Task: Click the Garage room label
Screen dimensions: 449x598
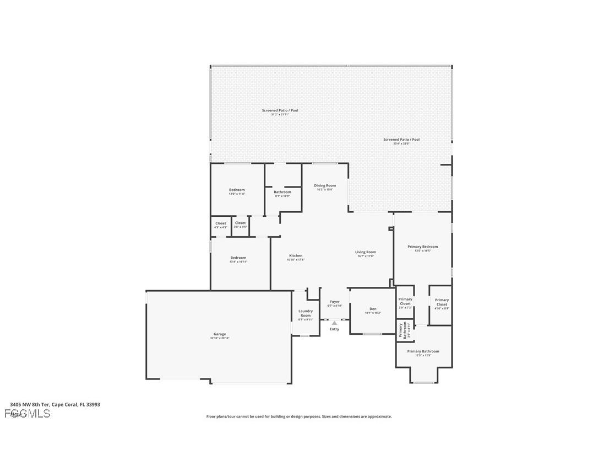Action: point(220,334)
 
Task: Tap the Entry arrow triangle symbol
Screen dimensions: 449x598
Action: point(334,323)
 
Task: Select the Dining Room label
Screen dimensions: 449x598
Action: point(325,186)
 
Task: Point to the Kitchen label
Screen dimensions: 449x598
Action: point(296,256)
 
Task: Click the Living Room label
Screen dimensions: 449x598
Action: point(366,252)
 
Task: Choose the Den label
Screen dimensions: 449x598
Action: point(373,309)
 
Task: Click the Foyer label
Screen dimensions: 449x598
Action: point(335,302)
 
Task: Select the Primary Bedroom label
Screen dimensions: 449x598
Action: point(422,247)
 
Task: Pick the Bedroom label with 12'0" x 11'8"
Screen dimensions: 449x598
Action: point(237,190)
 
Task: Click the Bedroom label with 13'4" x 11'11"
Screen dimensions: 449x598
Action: point(238,258)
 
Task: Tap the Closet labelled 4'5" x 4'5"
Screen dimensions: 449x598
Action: point(220,223)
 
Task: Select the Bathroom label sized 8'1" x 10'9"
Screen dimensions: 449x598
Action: point(282,192)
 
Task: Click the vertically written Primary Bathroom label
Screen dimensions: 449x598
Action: point(402,330)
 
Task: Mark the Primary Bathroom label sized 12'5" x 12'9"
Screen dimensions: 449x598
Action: point(423,351)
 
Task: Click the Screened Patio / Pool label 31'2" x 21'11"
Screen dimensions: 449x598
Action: point(280,111)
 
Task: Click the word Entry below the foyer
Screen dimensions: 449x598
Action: point(334,329)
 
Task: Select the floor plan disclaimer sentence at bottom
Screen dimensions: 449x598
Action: point(299,416)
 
